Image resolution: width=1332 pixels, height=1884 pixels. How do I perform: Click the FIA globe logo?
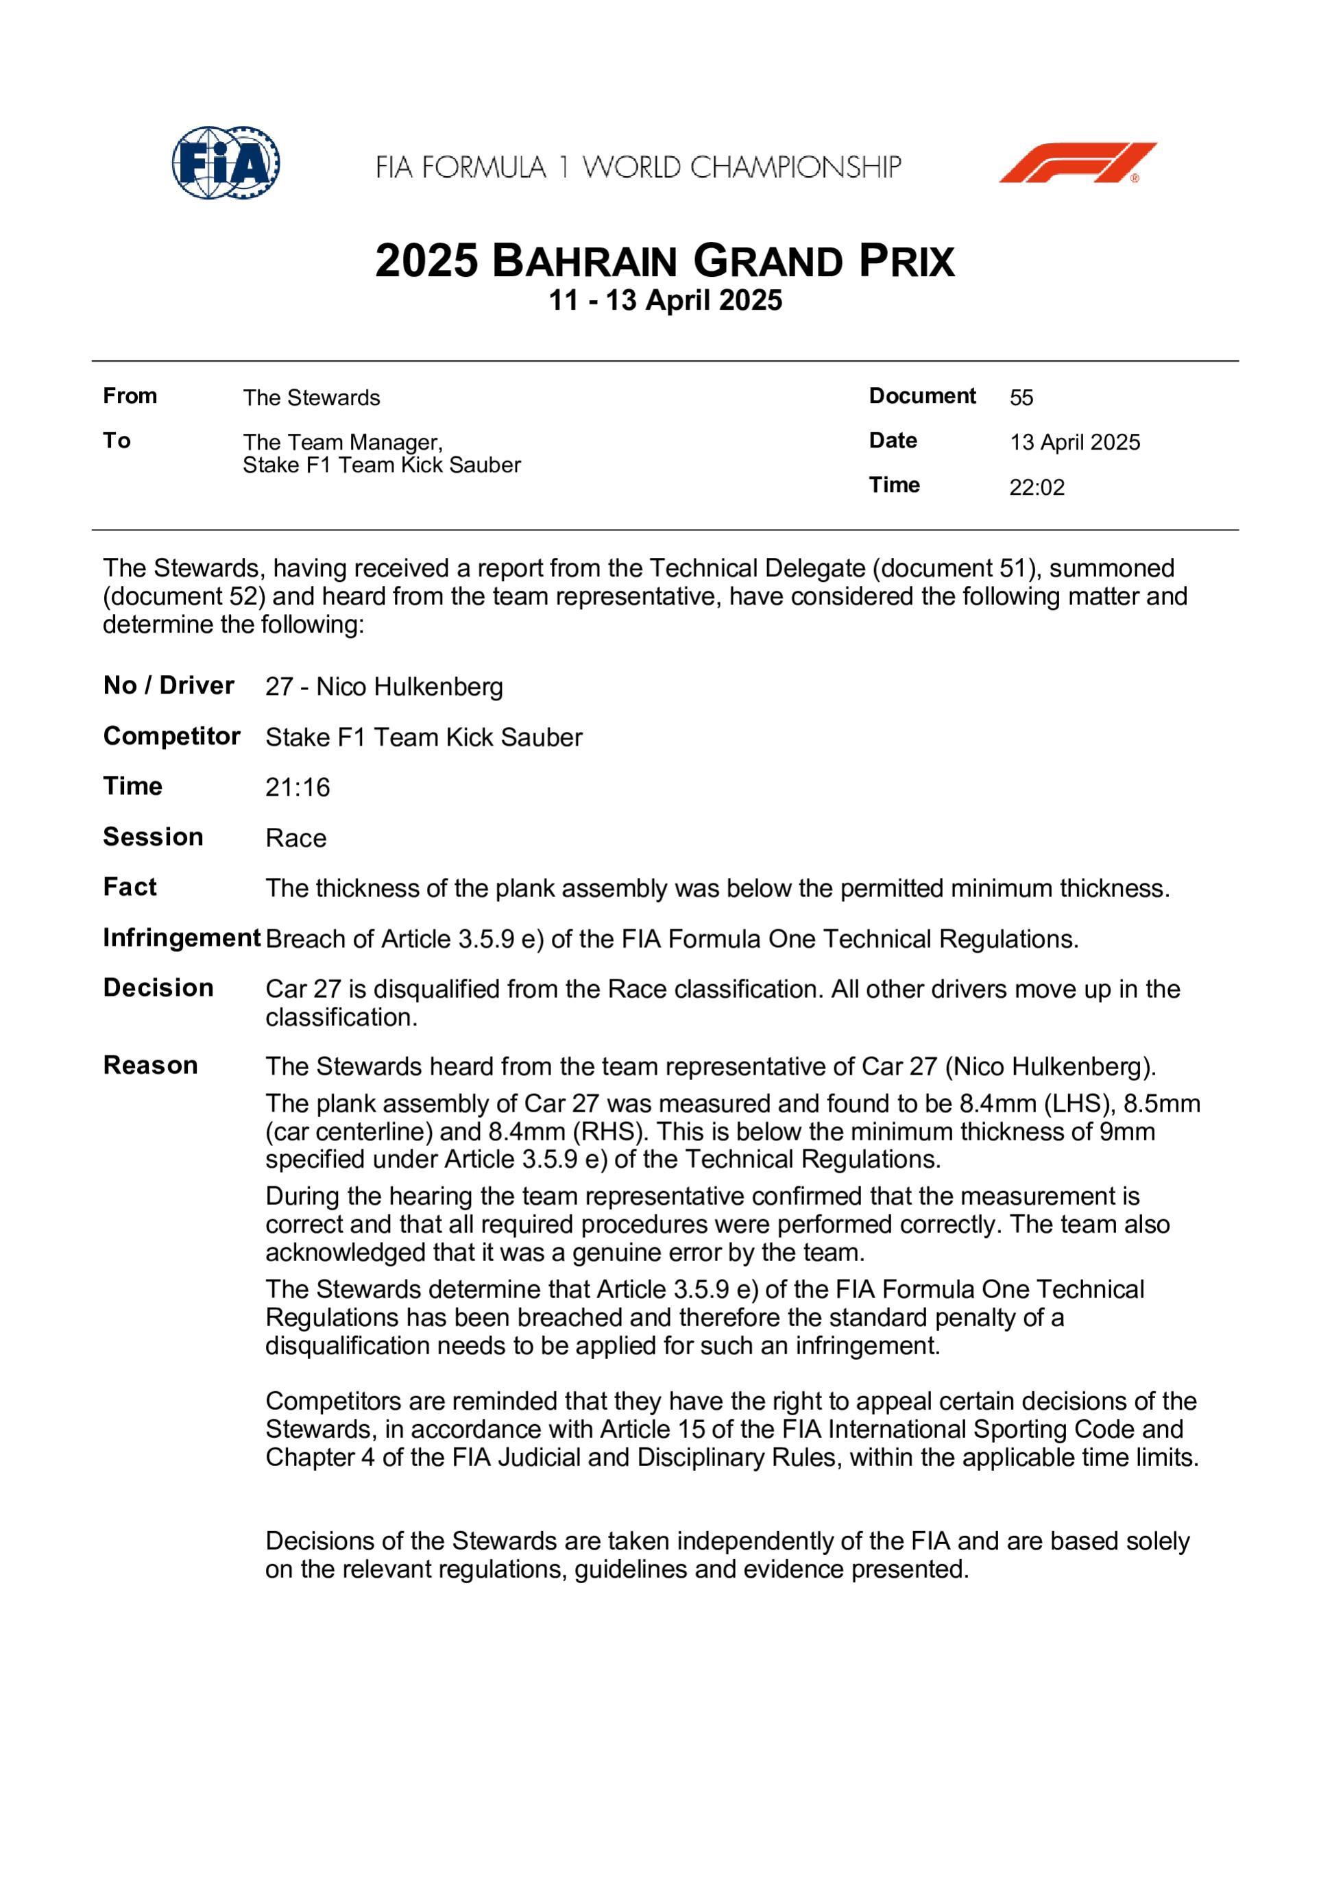(x=226, y=162)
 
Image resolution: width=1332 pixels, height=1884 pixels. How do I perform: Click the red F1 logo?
(x=1077, y=162)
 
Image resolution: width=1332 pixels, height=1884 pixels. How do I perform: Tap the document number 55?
(x=1021, y=398)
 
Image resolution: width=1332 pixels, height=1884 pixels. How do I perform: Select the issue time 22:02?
(x=1037, y=487)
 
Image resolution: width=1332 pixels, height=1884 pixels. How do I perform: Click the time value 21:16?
(x=297, y=787)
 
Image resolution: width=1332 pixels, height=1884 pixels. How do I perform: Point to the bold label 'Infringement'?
(x=182, y=938)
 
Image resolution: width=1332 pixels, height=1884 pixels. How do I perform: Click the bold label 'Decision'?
(x=158, y=988)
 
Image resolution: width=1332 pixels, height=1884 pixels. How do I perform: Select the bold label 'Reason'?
(x=150, y=1065)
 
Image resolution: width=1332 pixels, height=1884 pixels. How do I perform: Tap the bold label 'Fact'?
(x=130, y=887)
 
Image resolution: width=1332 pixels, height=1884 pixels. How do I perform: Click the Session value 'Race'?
(x=295, y=839)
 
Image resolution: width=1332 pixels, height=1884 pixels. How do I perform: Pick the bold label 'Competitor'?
(x=171, y=736)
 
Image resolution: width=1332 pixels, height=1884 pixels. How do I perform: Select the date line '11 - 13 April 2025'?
(x=665, y=300)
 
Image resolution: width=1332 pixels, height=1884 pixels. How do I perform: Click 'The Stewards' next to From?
(x=311, y=398)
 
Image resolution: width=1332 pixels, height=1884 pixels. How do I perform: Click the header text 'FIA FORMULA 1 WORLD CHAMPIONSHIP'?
(x=638, y=167)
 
